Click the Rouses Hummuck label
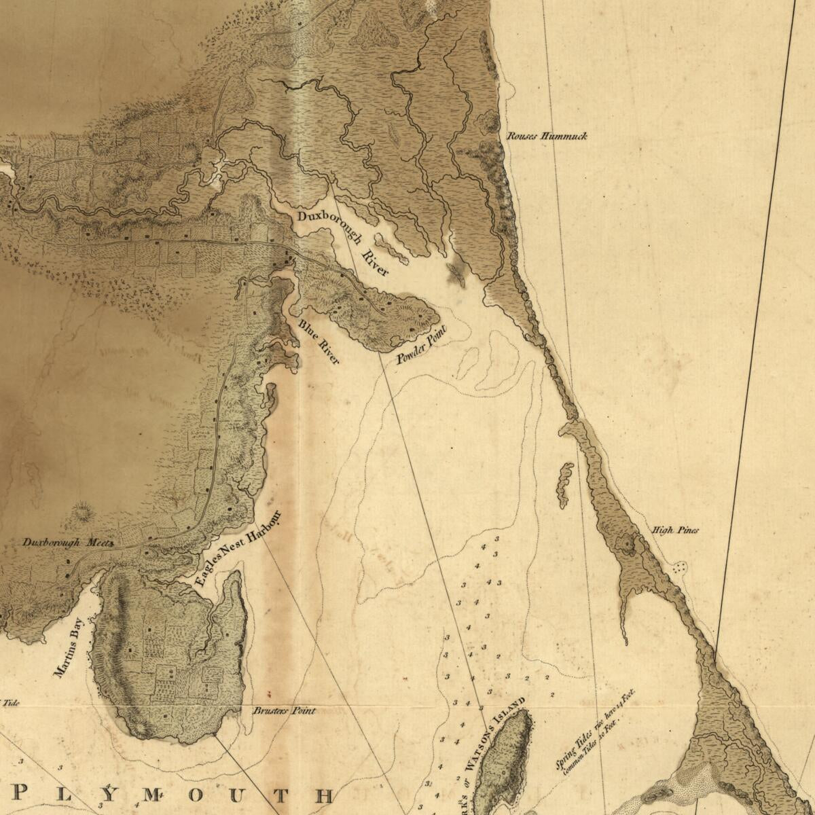[547, 137]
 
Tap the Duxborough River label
[344, 242]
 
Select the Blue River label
[319, 342]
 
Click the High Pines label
[674, 530]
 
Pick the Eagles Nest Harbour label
[237, 549]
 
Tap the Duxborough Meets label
[67, 543]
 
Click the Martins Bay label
[68, 647]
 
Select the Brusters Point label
[284, 711]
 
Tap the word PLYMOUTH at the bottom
[173, 795]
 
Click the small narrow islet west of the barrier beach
[564, 485]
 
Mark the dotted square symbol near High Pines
[679, 566]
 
